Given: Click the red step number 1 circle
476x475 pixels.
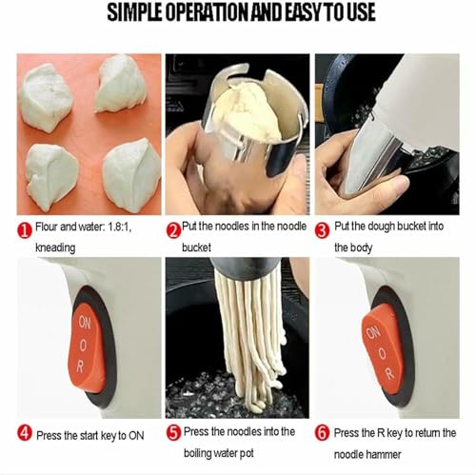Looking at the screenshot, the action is click(x=25, y=230).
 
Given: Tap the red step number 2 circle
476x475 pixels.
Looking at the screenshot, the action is click(x=173, y=230).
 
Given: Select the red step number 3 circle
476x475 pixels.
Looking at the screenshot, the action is click(x=322, y=230).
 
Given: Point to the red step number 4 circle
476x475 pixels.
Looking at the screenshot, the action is click(x=25, y=433).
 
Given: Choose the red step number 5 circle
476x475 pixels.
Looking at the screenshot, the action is click(x=173, y=433).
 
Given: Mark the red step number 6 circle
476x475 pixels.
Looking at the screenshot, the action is click(x=322, y=433).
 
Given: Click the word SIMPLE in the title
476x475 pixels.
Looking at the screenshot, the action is click(x=135, y=12).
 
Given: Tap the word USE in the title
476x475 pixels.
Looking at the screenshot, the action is click(x=357, y=12).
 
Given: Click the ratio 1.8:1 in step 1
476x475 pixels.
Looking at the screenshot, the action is click(x=119, y=228).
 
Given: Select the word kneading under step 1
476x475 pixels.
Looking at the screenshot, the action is click(x=55, y=247).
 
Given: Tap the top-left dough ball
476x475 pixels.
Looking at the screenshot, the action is click(x=46, y=97).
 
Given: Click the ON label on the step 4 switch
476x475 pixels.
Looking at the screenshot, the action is click(x=85, y=323).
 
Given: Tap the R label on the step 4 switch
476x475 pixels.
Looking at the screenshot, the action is click(x=80, y=367).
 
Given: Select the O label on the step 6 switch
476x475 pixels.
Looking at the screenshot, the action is click(x=383, y=353).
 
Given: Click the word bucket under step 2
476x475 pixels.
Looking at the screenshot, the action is click(x=196, y=247).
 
